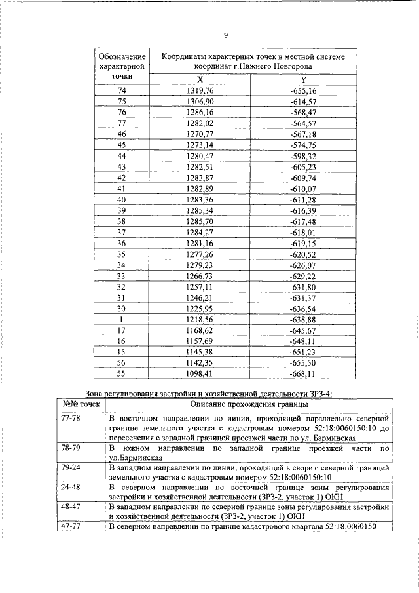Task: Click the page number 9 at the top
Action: tap(226, 35)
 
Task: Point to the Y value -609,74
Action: tap(302, 178)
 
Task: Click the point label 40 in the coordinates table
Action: tap(121, 199)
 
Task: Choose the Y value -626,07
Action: tap(302, 265)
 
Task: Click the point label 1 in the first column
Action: tap(121, 320)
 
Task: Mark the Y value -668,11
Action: tap(302, 374)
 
